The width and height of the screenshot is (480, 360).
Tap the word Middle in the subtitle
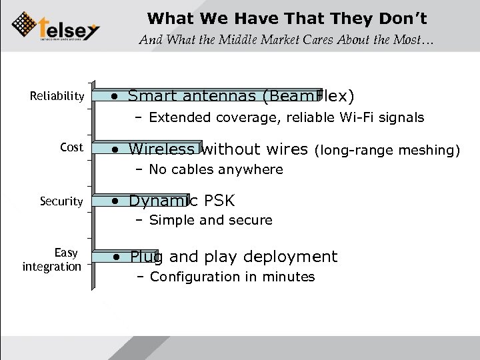[x=232, y=41]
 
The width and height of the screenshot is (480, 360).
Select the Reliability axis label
[x=57, y=97]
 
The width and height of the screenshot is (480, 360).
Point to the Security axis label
[x=61, y=201]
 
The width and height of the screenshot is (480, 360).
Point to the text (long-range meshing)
[x=387, y=149]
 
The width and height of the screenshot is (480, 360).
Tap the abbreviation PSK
[x=218, y=201]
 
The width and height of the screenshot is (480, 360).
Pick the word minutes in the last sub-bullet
[x=289, y=277]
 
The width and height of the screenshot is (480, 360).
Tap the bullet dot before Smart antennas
[x=116, y=97]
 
